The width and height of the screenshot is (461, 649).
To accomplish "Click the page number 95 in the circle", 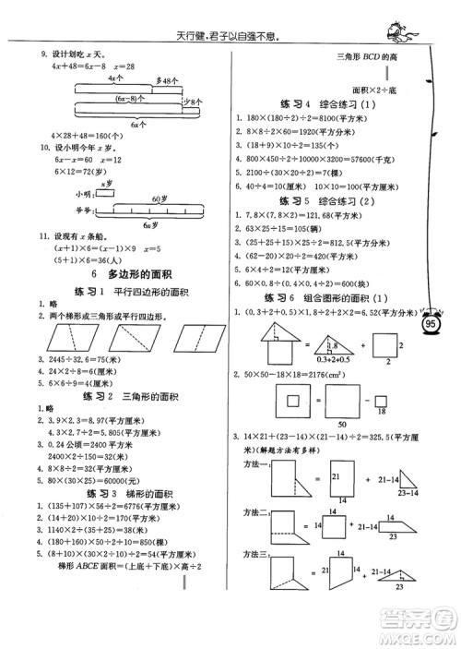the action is pyautogui.click(x=431, y=324).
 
